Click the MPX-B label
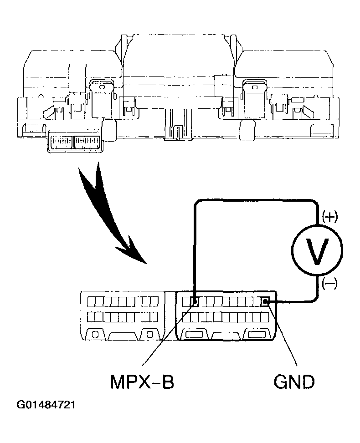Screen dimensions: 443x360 (x=142, y=382)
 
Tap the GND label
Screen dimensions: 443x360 (x=294, y=382)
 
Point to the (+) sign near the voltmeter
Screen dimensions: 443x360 (x=329, y=217)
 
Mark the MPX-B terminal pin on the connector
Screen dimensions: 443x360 (x=194, y=301)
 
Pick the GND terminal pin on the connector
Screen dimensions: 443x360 (x=265, y=301)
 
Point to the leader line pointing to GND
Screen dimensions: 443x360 (x=283, y=335)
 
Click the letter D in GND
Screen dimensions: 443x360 (x=306, y=382)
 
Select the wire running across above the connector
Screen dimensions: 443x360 (x=255, y=201)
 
